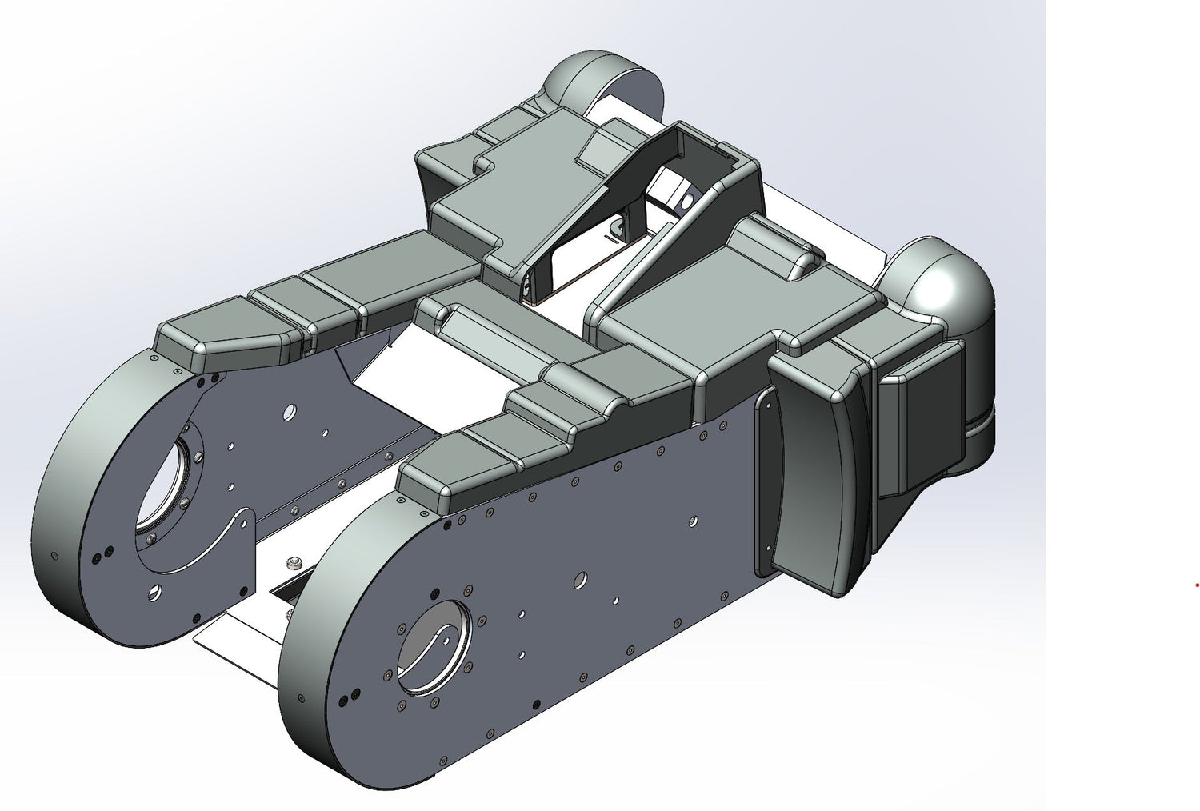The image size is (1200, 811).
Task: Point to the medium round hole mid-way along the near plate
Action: (x=582, y=577)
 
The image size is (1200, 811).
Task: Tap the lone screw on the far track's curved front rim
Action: (x=54, y=556)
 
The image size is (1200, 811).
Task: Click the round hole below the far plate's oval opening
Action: (x=154, y=593)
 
